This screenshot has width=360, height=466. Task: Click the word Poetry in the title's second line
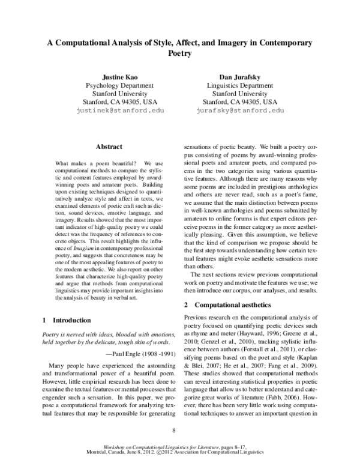(179, 53)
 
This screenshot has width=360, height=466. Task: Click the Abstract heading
(109, 147)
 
